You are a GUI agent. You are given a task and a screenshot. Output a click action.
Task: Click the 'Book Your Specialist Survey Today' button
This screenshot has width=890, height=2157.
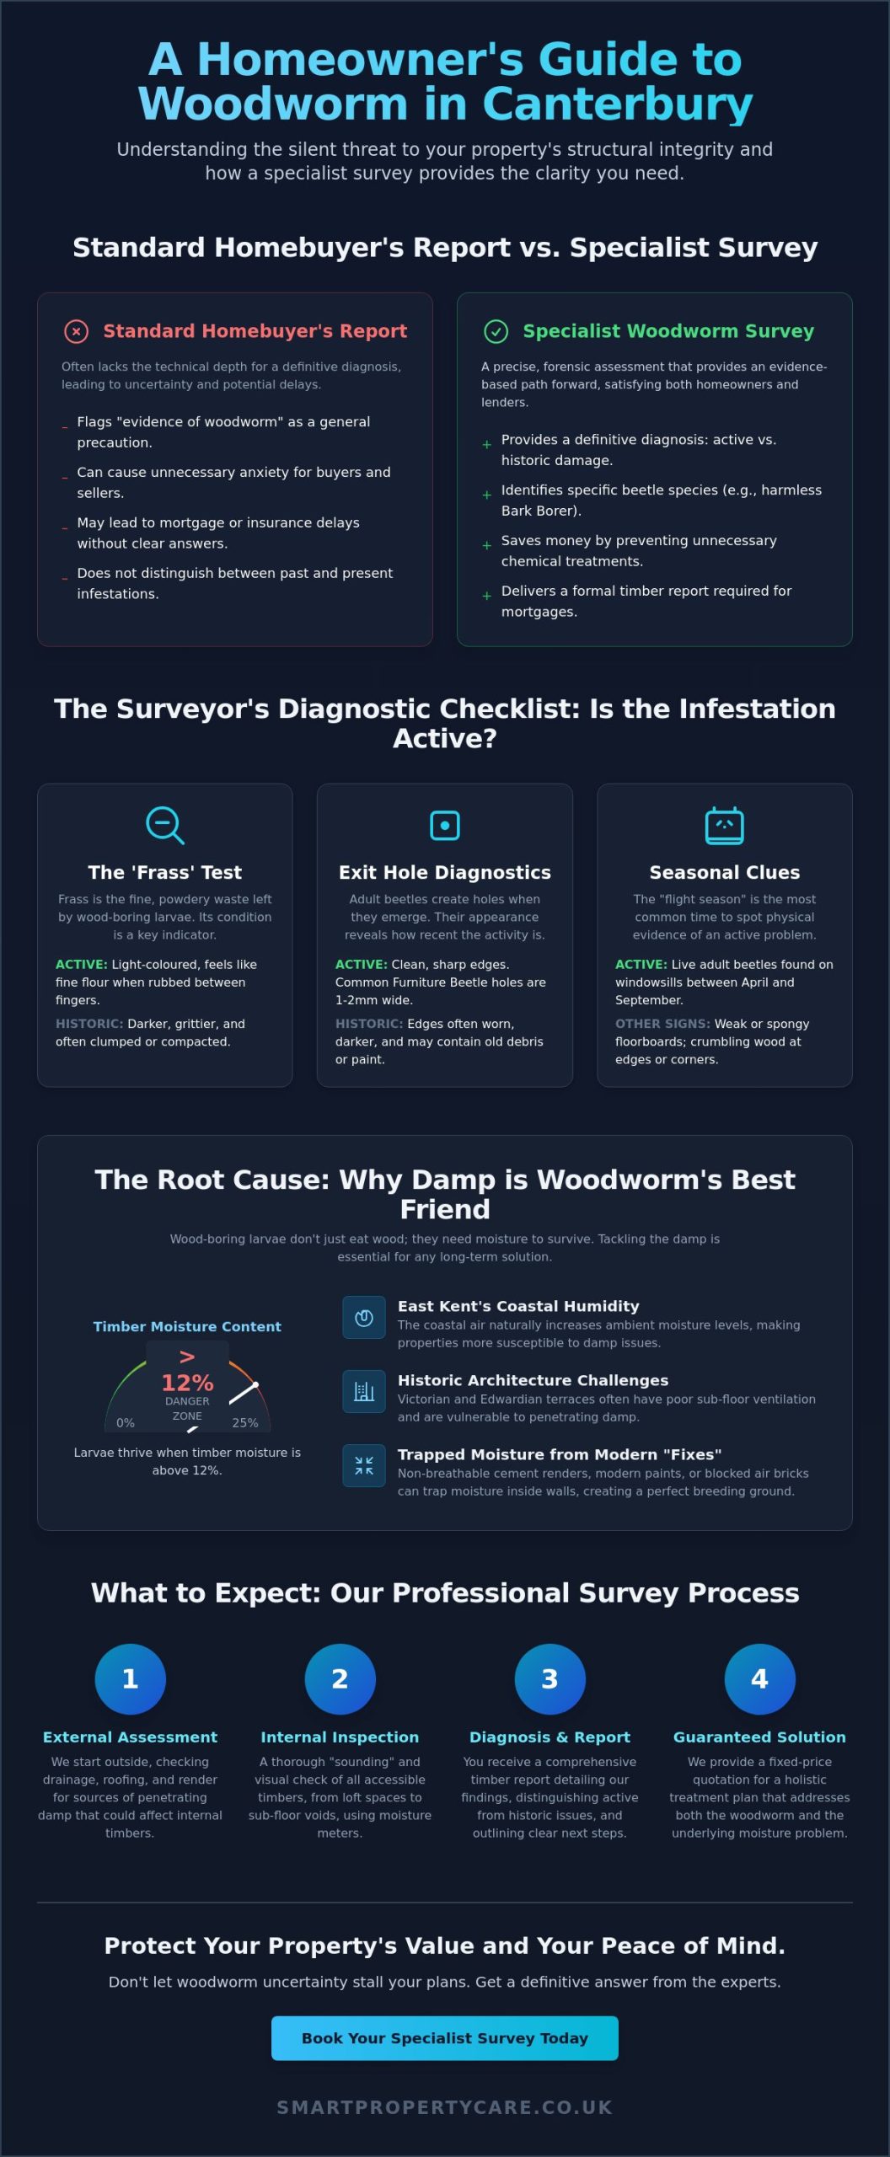point(444,2037)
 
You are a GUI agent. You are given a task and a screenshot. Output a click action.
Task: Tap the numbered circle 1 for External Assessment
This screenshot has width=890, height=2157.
point(130,1678)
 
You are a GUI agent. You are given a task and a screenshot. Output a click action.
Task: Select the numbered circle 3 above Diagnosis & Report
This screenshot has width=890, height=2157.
point(550,1678)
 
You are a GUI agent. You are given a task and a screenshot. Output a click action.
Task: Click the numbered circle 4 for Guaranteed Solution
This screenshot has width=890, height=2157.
point(759,1678)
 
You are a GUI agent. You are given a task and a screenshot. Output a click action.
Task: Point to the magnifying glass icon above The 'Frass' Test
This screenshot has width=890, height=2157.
point(164,825)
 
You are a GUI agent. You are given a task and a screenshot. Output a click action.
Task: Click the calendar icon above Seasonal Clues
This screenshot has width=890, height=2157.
point(724,825)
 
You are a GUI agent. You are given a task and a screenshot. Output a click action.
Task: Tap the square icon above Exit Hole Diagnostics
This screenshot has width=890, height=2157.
point(445,825)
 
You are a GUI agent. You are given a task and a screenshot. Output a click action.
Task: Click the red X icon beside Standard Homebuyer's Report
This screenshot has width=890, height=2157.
point(76,331)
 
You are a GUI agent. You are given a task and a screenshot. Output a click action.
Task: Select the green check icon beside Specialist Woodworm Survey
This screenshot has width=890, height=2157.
point(496,331)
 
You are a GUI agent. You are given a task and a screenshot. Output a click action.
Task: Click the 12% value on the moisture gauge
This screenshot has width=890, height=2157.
point(187,1383)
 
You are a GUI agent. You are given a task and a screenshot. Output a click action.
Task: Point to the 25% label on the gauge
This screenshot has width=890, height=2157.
point(245,1422)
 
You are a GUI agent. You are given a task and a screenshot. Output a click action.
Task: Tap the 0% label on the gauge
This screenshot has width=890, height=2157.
point(126,1422)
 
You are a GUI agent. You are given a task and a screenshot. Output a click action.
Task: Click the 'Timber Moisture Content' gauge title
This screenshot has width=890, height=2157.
point(187,1326)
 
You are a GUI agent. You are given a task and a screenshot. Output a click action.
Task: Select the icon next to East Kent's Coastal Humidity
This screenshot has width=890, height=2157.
point(364,1317)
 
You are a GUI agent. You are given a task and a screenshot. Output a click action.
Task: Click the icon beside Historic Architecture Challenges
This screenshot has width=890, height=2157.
point(364,1391)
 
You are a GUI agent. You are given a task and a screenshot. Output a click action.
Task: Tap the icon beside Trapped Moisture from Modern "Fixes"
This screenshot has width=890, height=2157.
point(364,1465)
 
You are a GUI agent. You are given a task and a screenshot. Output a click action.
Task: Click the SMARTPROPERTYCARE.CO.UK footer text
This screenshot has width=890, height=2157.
point(445,2107)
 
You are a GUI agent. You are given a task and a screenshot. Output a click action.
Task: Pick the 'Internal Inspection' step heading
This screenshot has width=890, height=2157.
point(340,1737)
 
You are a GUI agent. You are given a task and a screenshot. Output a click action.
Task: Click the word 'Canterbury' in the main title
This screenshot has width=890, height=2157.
point(618,104)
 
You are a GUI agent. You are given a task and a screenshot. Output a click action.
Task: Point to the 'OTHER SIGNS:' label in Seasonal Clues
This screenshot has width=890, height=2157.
point(662,1024)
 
